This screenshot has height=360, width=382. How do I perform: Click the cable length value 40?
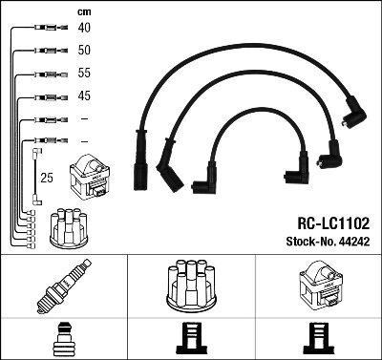point(84,28)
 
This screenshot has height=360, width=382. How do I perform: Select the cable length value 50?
point(84,50)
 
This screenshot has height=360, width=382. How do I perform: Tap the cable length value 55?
point(84,73)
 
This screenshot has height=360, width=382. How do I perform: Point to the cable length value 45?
point(84,95)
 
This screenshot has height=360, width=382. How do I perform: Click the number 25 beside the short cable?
point(47,178)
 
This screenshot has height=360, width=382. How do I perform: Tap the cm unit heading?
point(84,12)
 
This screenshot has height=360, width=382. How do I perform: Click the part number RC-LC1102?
point(333,223)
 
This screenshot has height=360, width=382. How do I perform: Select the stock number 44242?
point(354,242)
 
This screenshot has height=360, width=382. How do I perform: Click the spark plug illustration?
point(64,286)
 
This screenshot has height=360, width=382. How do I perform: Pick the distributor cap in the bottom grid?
point(191,286)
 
